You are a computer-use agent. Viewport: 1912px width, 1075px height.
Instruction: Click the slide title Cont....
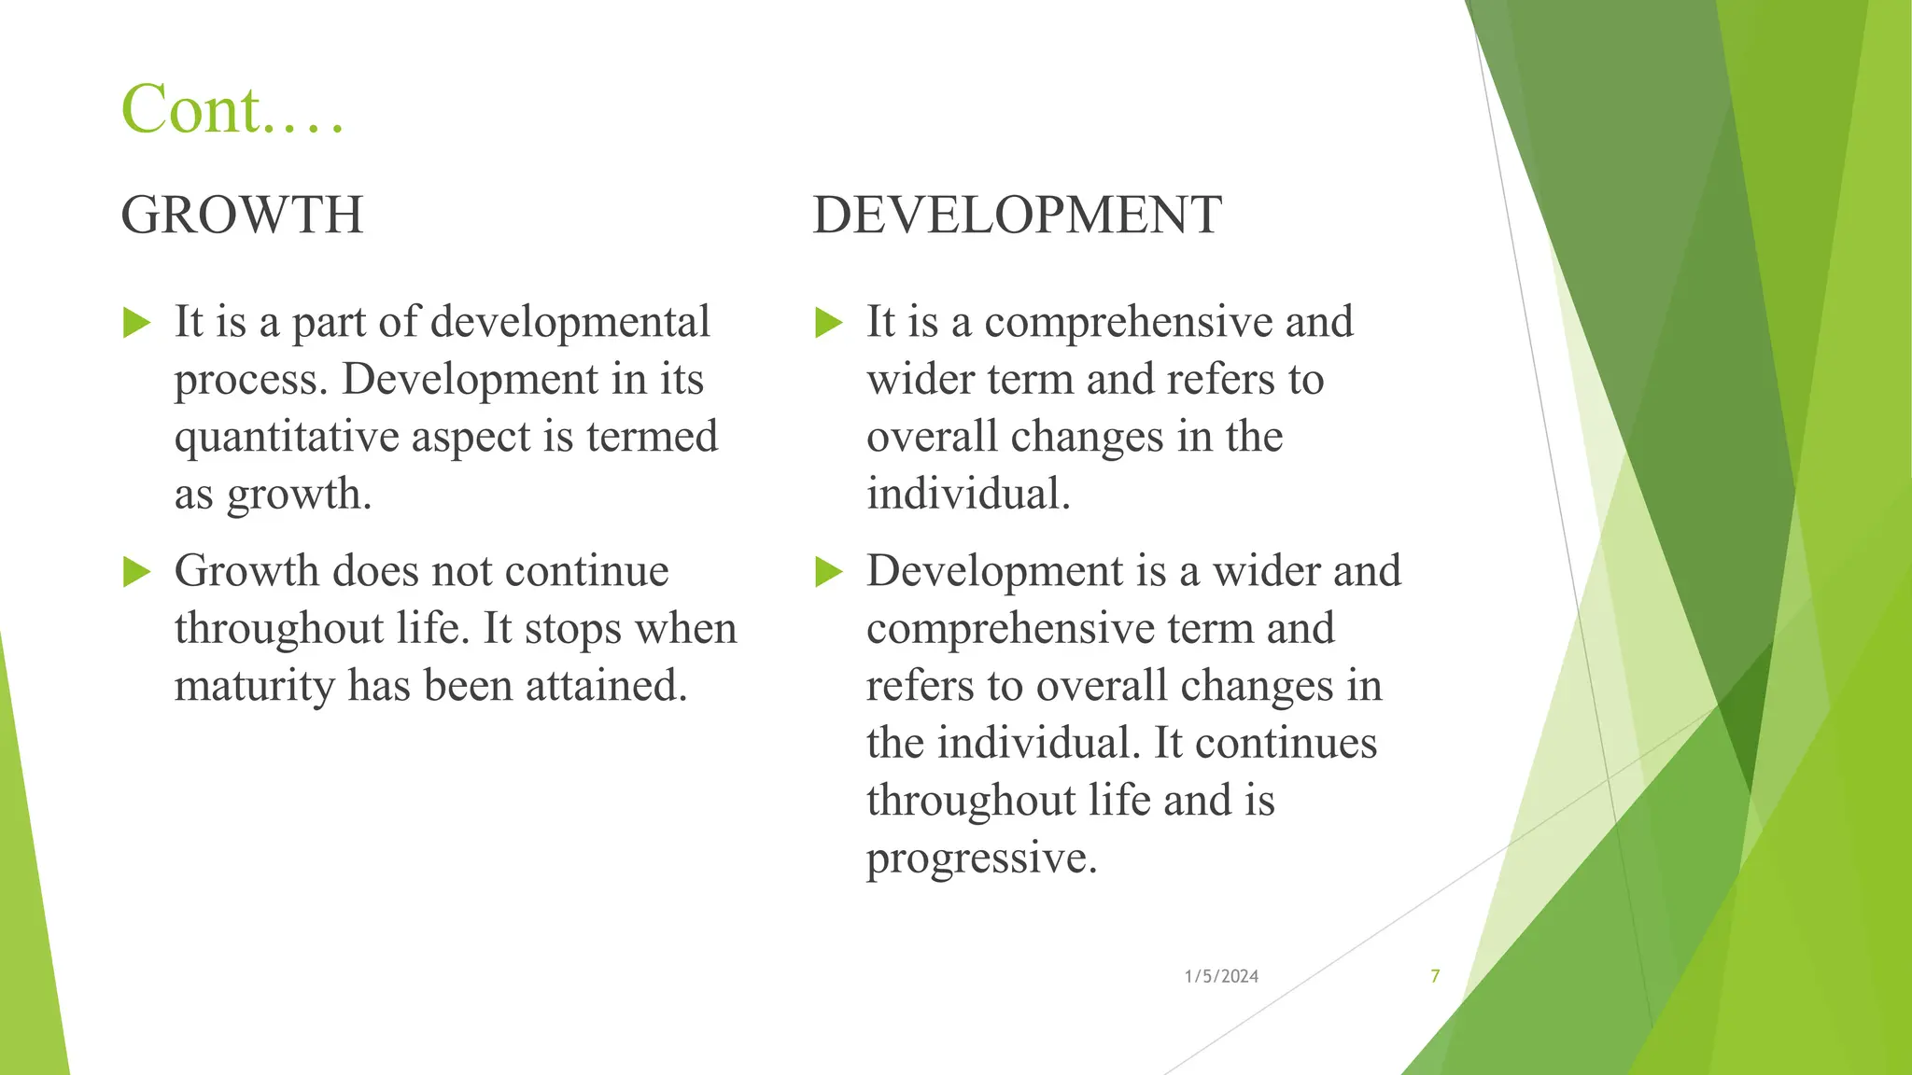pyautogui.click(x=232, y=110)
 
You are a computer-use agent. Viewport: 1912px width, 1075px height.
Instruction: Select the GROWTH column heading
pyautogui.click(x=242, y=215)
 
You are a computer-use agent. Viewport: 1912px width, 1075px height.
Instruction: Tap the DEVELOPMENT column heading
pyautogui.click(x=1017, y=215)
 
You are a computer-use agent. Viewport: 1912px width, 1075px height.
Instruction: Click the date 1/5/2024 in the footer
pyautogui.click(x=1221, y=976)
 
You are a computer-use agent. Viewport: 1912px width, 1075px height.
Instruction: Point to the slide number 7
pyautogui.click(x=1435, y=976)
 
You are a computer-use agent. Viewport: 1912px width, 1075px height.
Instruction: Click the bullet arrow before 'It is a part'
pyautogui.click(x=137, y=324)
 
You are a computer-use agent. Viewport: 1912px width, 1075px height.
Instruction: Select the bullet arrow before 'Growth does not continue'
pyautogui.click(x=137, y=572)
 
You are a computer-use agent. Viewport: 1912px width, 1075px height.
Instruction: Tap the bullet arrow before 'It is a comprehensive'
pyautogui.click(x=829, y=324)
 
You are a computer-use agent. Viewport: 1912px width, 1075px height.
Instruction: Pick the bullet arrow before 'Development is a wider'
pyautogui.click(x=829, y=572)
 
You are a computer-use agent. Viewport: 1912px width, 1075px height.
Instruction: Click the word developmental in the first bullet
pyautogui.click(x=570, y=322)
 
